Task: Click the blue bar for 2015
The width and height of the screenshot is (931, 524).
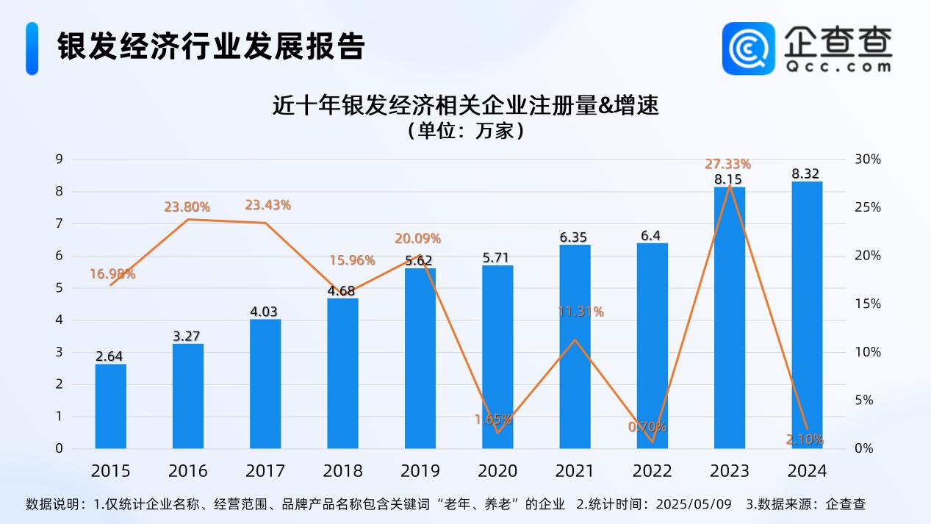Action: (x=110, y=406)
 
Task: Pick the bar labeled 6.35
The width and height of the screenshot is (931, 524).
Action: (x=575, y=346)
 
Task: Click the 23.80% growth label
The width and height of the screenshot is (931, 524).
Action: (x=187, y=207)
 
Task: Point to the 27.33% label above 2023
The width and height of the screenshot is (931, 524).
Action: (x=727, y=164)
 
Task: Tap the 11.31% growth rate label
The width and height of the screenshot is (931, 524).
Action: (x=580, y=312)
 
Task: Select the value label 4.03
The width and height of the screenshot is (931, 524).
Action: (x=265, y=312)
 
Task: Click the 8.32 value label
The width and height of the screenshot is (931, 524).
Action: (x=807, y=174)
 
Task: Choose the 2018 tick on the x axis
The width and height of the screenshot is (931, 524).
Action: (x=342, y=470)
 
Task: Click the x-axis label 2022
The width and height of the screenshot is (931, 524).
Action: (x=652, y=470)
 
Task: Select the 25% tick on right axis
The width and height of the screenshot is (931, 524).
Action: (x=867, y=208)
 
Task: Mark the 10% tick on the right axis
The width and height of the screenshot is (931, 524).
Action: (x=867, y=352)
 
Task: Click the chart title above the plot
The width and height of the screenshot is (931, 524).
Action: (x=464, y=107)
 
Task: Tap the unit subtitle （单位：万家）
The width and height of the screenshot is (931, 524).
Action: (x=464, y=132)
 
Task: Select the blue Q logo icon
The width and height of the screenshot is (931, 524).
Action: (x=748, y=49)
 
